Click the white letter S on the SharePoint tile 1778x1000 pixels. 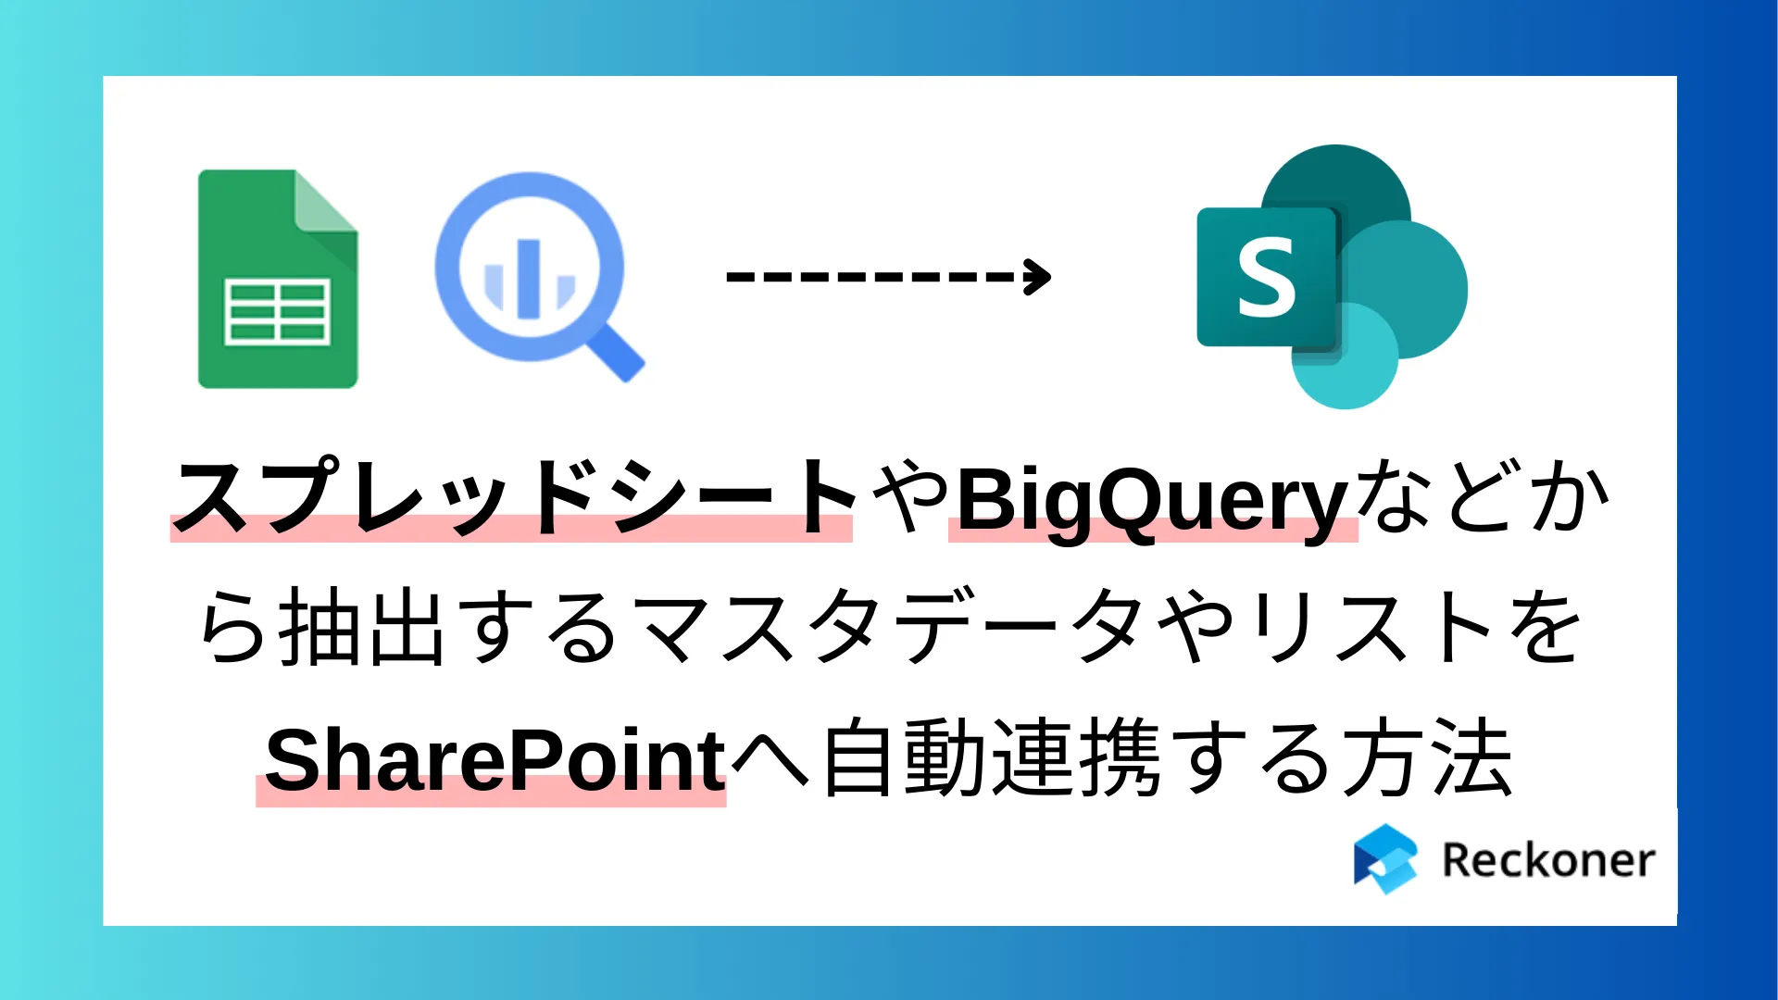1266,277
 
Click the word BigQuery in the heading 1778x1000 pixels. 1152,500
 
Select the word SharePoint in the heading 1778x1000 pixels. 495,760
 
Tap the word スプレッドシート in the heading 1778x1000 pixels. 515,498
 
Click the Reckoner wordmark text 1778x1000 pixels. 1548,860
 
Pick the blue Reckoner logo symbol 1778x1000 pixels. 1385,859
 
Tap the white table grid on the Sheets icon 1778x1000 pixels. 278,313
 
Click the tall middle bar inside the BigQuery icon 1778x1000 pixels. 528,278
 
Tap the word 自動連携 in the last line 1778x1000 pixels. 992,760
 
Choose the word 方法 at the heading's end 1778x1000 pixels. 1427,760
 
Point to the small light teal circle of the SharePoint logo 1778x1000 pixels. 1345,356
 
